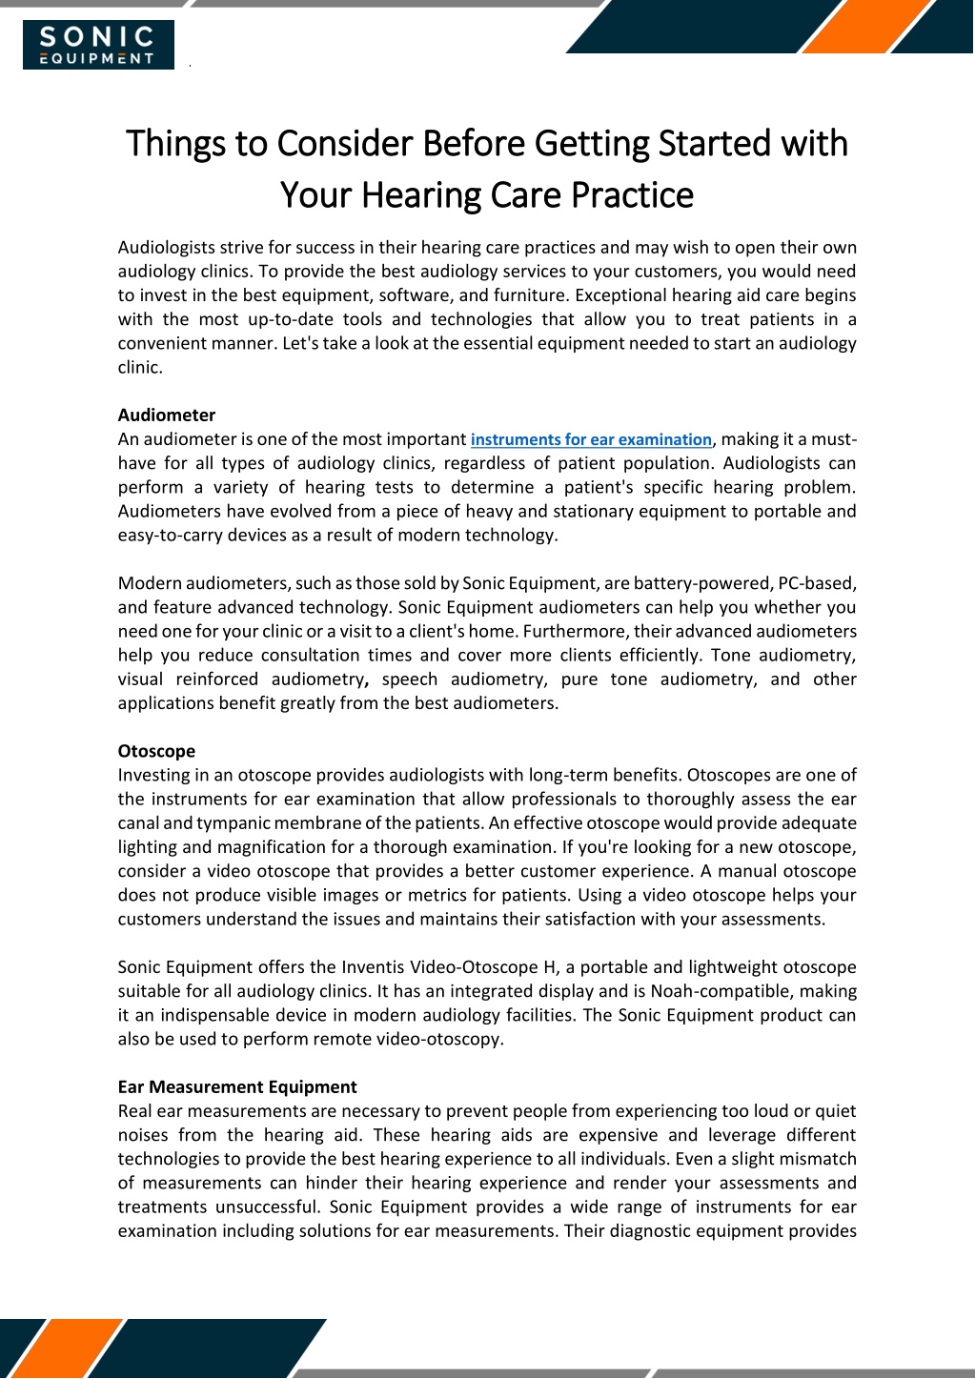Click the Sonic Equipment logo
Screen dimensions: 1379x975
pyautogui.click(x=98, y=45)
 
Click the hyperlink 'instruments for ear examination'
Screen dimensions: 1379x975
pyautogui.click(x=591, y=439)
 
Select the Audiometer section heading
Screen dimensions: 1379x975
pyautogui.click(x=167, y=415)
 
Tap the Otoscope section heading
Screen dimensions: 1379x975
pyautogui.click(x=156, y=751)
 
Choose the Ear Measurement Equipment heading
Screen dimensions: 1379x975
pyautogui.click(x=237, y=1086)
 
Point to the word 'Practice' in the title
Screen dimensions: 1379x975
pyautogui.click(x=632, y=195)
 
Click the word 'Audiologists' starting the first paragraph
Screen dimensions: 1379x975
pyautogui.click(x=167, y=247)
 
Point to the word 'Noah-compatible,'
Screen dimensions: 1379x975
pyautogui.click(x=727, y=991)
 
